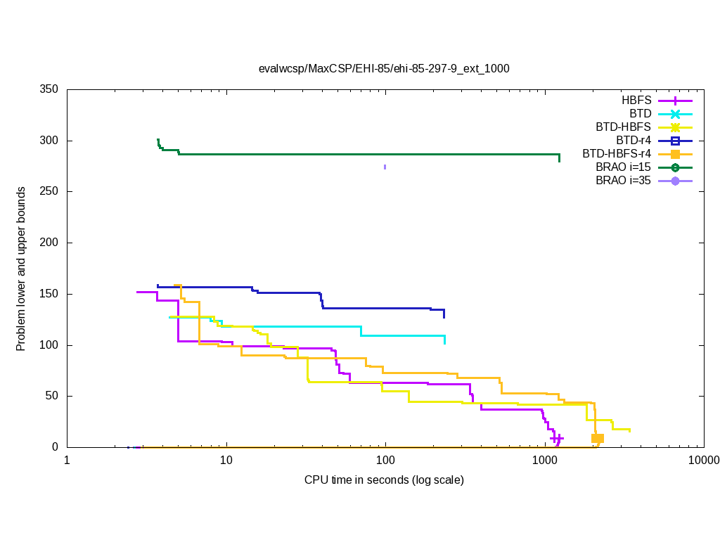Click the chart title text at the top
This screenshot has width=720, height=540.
tap(384, 69)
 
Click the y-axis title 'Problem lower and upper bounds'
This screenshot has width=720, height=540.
tap(22, 269)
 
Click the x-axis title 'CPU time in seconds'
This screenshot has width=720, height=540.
tap(384, 480)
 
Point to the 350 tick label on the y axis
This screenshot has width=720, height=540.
tap(49, 90)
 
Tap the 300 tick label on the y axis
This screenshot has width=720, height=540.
tap(49, 141)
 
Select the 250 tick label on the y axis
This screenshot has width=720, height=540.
tap(49, 192)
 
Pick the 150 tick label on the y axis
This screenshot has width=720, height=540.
tap(49, 294)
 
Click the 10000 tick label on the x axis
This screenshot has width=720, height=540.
tap(703, 461)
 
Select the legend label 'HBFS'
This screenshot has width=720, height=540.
tap(636, 101)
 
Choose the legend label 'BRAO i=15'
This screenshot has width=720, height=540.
tap(623, 167)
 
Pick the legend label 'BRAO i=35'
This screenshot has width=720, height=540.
tap(623, 181)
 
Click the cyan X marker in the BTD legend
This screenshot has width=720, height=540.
tap(675, 114)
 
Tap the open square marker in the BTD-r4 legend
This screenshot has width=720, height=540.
tap(675, 141)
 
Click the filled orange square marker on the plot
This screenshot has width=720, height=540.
tap(598, 438)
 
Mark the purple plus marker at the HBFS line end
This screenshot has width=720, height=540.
tap(557, 438)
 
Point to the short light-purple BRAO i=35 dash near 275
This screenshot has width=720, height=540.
tap(385, 167)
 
